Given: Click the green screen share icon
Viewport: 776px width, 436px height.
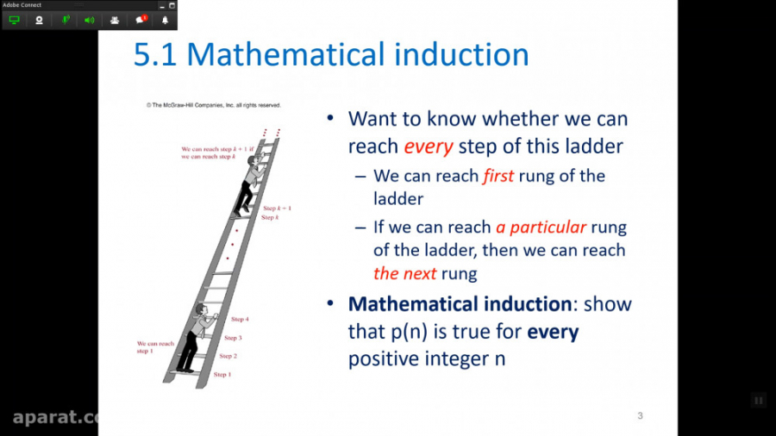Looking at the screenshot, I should point(15,20).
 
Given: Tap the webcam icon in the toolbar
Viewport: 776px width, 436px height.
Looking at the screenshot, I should point(39,20).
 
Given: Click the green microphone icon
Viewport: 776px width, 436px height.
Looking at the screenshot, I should point(64,20).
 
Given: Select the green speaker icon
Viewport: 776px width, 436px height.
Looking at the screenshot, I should point(89,20).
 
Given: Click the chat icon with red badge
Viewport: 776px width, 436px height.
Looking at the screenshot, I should point(141,20).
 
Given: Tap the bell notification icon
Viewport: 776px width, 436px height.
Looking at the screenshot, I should point(166,20).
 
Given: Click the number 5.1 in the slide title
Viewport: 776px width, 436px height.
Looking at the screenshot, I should point(155,54).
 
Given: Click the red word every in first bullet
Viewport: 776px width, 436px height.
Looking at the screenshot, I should point(429,146).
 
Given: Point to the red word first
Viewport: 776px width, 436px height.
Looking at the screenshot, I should point(498,176).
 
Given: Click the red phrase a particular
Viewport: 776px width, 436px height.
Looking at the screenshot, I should point(541,228).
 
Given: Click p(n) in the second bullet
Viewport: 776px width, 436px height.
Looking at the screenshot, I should point(410,332).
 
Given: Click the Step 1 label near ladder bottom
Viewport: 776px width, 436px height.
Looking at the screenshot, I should point(222,375).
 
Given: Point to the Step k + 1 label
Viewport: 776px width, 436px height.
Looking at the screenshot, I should point(277,209).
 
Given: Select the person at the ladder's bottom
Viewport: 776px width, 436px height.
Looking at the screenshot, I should point(195,336).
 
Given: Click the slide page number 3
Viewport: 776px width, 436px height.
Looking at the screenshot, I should point(640,416).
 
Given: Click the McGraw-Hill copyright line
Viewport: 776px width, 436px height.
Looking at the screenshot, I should point(213,105).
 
